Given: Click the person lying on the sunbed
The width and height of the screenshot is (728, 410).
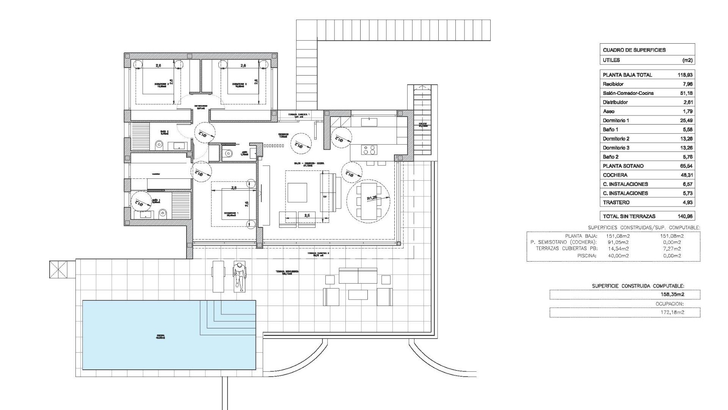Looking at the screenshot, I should pyautogui.click(x=239, y=276).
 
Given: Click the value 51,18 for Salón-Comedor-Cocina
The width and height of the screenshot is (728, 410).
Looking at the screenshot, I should pyautogui.click(x=686, y=93).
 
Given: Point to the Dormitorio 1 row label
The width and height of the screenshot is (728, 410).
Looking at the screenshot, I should pyautogui.click(x=616, y=120).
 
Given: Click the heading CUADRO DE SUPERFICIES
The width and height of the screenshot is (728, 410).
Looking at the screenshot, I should pyautogui.click(x=634, y=50).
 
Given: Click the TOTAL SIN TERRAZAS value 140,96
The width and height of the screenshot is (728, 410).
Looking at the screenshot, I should pyautogui.click(x=685, y=216).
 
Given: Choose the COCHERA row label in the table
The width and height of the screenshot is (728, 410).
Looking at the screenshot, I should pyautogui.click(x=615, y=175).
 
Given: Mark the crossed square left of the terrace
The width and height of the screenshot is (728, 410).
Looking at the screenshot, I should pyautogui.click(x=59, y=270).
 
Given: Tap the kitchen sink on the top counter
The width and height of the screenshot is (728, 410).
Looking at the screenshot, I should pyautogui.click(x=367, y=121).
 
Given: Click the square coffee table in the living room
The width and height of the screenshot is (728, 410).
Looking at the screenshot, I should pyautogui.click(x=297, y=193).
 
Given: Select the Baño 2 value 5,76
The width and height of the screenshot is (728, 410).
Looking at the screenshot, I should pyautogui.click(x=686, y=157).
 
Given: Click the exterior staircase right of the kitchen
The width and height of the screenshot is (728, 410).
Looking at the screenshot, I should pyautogui.click(x=422, y=120).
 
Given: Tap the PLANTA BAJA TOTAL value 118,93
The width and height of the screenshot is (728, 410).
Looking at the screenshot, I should pyautogui.click(x=685, y=75).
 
